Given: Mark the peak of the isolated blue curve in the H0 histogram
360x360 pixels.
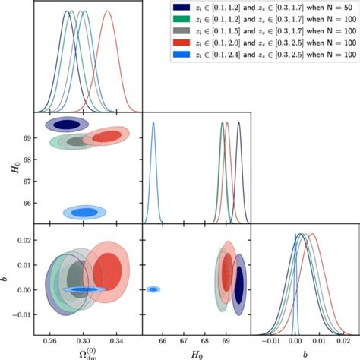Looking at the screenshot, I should click(153, 123).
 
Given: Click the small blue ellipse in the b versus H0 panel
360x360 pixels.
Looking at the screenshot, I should click(153, 289).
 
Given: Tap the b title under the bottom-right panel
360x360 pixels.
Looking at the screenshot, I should click(305, 354).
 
